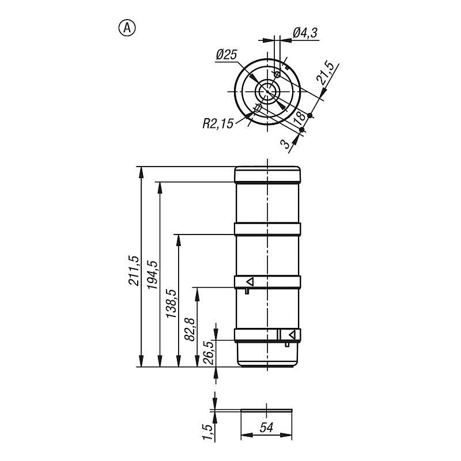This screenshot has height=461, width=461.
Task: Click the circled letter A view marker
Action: click(x=127, y=28)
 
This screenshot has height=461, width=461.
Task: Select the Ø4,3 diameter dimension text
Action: click(x=305, y=33)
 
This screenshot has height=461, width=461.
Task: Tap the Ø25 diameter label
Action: click(x=226, y=55)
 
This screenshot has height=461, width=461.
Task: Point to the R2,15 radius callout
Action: click(x=218, y=124)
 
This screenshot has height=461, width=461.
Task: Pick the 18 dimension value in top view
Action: click(x=299, y=117)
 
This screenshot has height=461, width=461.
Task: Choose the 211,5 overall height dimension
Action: click(x=133, y=270)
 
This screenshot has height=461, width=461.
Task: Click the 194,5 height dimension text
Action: click(x=152, y=275)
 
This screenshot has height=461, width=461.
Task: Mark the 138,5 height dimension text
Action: click(x=171, y=304)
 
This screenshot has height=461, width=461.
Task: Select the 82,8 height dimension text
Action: click(x=190, y=329)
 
